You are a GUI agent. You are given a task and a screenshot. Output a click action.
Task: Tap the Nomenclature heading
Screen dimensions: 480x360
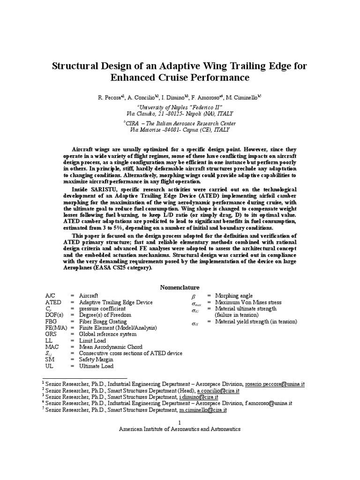point(180,287)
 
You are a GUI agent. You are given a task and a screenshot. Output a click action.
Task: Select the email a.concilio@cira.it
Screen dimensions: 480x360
point(218,390)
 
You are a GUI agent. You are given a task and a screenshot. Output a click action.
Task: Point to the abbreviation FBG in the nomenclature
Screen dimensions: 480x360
point(51,322)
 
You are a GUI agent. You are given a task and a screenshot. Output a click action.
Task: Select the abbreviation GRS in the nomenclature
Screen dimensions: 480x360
point(51,334)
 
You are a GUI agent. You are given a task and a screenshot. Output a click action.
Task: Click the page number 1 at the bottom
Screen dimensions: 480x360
point(180,422)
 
